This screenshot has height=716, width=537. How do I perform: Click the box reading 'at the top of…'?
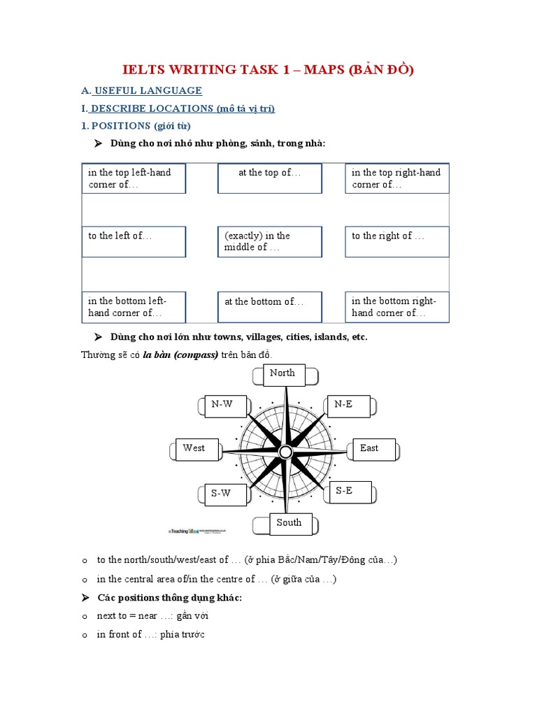(x=270, y=178)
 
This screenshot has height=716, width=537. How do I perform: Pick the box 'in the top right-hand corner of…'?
(x=397, y=178)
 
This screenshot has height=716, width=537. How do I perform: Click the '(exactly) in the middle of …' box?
(x=270, y=242)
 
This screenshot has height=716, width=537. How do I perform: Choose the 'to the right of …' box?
(x=397, y=242)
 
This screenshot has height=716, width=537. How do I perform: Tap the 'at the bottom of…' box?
(x=270, y=307)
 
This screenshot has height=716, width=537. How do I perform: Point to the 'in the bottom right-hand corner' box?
(x=397, y=307)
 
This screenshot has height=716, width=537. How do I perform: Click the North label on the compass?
(x=283, y=374)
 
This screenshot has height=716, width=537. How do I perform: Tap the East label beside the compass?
(x=369, y=449)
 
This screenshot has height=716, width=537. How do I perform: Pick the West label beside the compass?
(x=194, y=449)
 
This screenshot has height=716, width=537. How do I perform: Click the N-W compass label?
(x=222, y=405)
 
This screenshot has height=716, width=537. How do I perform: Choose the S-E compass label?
(x=344, y=492)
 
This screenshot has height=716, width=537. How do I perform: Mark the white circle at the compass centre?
(x=285, y=452)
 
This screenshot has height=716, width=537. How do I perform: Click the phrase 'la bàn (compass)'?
(x=180, y=355)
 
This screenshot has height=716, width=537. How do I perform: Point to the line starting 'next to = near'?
(x=152, y=616)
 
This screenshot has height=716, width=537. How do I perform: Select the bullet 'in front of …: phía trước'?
(x=150, y=635)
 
